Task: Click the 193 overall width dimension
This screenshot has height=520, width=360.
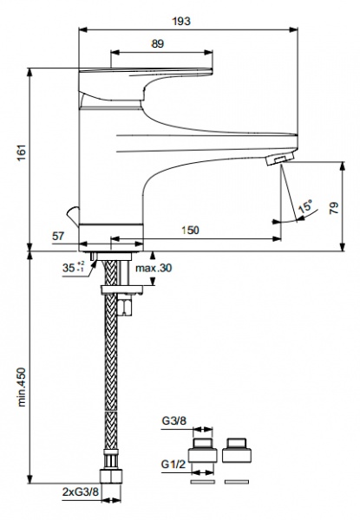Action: pyautogui.click(x=181, y=22)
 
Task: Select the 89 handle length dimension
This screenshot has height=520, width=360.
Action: pyautogui.click(x=158, y=44)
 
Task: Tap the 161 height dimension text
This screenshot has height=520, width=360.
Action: pyautogui.click(x=22, y=153)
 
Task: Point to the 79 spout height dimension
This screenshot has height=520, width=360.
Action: pyautogui.click(x=334, y=208)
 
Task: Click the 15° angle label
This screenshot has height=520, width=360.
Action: pyautogui.click(x=305, y=206)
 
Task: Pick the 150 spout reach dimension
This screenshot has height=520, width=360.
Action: pyautogui.click(x=190, y=231)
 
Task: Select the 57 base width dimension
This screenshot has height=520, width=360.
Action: pyautogui.click(x=58, y=237)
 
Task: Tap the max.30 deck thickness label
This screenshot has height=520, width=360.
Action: pyautogui.click(x=154, y=268)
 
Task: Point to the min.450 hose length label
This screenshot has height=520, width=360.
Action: pyautogui.click(x=22, y=387)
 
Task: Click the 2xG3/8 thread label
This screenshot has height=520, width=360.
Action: pyautogui.click(x=81, y=491)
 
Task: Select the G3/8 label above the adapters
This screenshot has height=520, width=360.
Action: pyautogui.click(x=174, y=421)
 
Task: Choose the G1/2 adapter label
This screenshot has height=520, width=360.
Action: pyautogui.click(x=173, y=465)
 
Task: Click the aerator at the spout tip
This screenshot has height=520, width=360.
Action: pyautogui.click(x=280, y=159)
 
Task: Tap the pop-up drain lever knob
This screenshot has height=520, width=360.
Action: pyautogui.click(x=73, y=216)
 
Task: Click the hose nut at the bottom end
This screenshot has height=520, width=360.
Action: pyautogui.click(x=111, y=476)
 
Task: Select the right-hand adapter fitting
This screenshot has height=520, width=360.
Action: pyautogui.click(x=237, y=451)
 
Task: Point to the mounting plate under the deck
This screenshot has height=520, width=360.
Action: pyautogui.click(x=121, y=289)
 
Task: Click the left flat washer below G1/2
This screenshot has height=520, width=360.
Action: pyautogui.click(x=202, y=482)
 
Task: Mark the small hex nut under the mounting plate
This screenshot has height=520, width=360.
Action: pyautogui.click(x=125, y=305)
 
